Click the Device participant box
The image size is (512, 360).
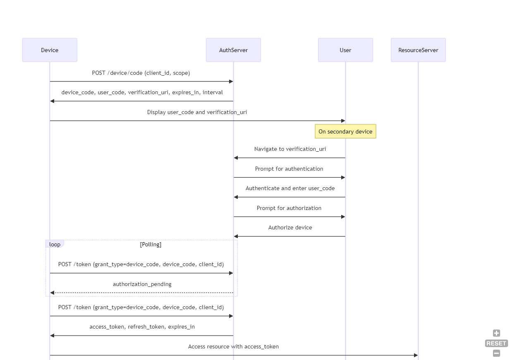coord(50,50)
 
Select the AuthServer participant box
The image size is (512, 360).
coord(233,50)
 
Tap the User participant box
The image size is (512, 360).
coord(345,50)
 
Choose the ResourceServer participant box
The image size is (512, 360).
coord(418,50)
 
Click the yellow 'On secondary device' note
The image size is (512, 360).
coord(345,131)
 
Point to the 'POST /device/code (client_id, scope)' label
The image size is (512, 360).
coord(141,73)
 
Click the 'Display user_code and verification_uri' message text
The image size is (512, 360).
coord(197,112)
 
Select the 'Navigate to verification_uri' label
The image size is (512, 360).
coord(290,149)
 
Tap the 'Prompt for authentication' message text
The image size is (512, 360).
coord(289,169)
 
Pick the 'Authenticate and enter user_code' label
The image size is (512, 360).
coord(290,188)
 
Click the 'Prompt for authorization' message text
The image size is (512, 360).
coord(289,208)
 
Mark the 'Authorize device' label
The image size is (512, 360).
coord(290,227)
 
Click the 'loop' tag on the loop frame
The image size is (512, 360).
coord(55,244)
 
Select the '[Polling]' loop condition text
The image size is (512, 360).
coord(151,244)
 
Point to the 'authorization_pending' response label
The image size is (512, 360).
coord(142,284)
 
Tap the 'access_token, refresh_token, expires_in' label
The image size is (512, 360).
coord(142,327)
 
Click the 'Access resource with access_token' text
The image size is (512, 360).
coord(233,346)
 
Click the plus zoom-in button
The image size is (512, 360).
coord(496,333)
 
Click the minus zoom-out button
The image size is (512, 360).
coord(496,353)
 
